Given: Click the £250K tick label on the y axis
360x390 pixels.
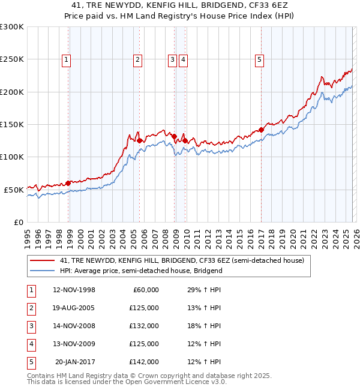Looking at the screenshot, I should pyautogui.click(x=12, y=59).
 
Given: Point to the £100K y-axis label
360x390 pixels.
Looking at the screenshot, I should pyautogui.click(x=12, y=157).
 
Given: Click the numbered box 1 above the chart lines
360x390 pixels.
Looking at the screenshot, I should pyautogui.click(x=65, y=59).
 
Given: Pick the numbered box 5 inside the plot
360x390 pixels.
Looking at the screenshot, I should pyautogui.click(x=259, y=59).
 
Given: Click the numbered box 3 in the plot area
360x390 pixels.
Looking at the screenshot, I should pyautogui.click(x=172, y=59).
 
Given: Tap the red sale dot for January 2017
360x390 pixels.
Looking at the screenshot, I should pyautogui.click(x=262, y=130).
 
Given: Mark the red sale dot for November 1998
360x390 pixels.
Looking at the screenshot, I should pyautogui.click(x=68, y=183).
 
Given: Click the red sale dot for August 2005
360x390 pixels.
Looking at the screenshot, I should pyautogui.click(x=140, y=141).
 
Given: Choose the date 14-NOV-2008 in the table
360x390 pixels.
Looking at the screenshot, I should pyautogui.click(x=74, y=326).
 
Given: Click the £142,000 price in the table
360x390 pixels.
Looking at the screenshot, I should pyautogui.click(x=144, y=362).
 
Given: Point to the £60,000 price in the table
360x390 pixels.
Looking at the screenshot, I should pyautogui.click(x=146, y=290).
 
